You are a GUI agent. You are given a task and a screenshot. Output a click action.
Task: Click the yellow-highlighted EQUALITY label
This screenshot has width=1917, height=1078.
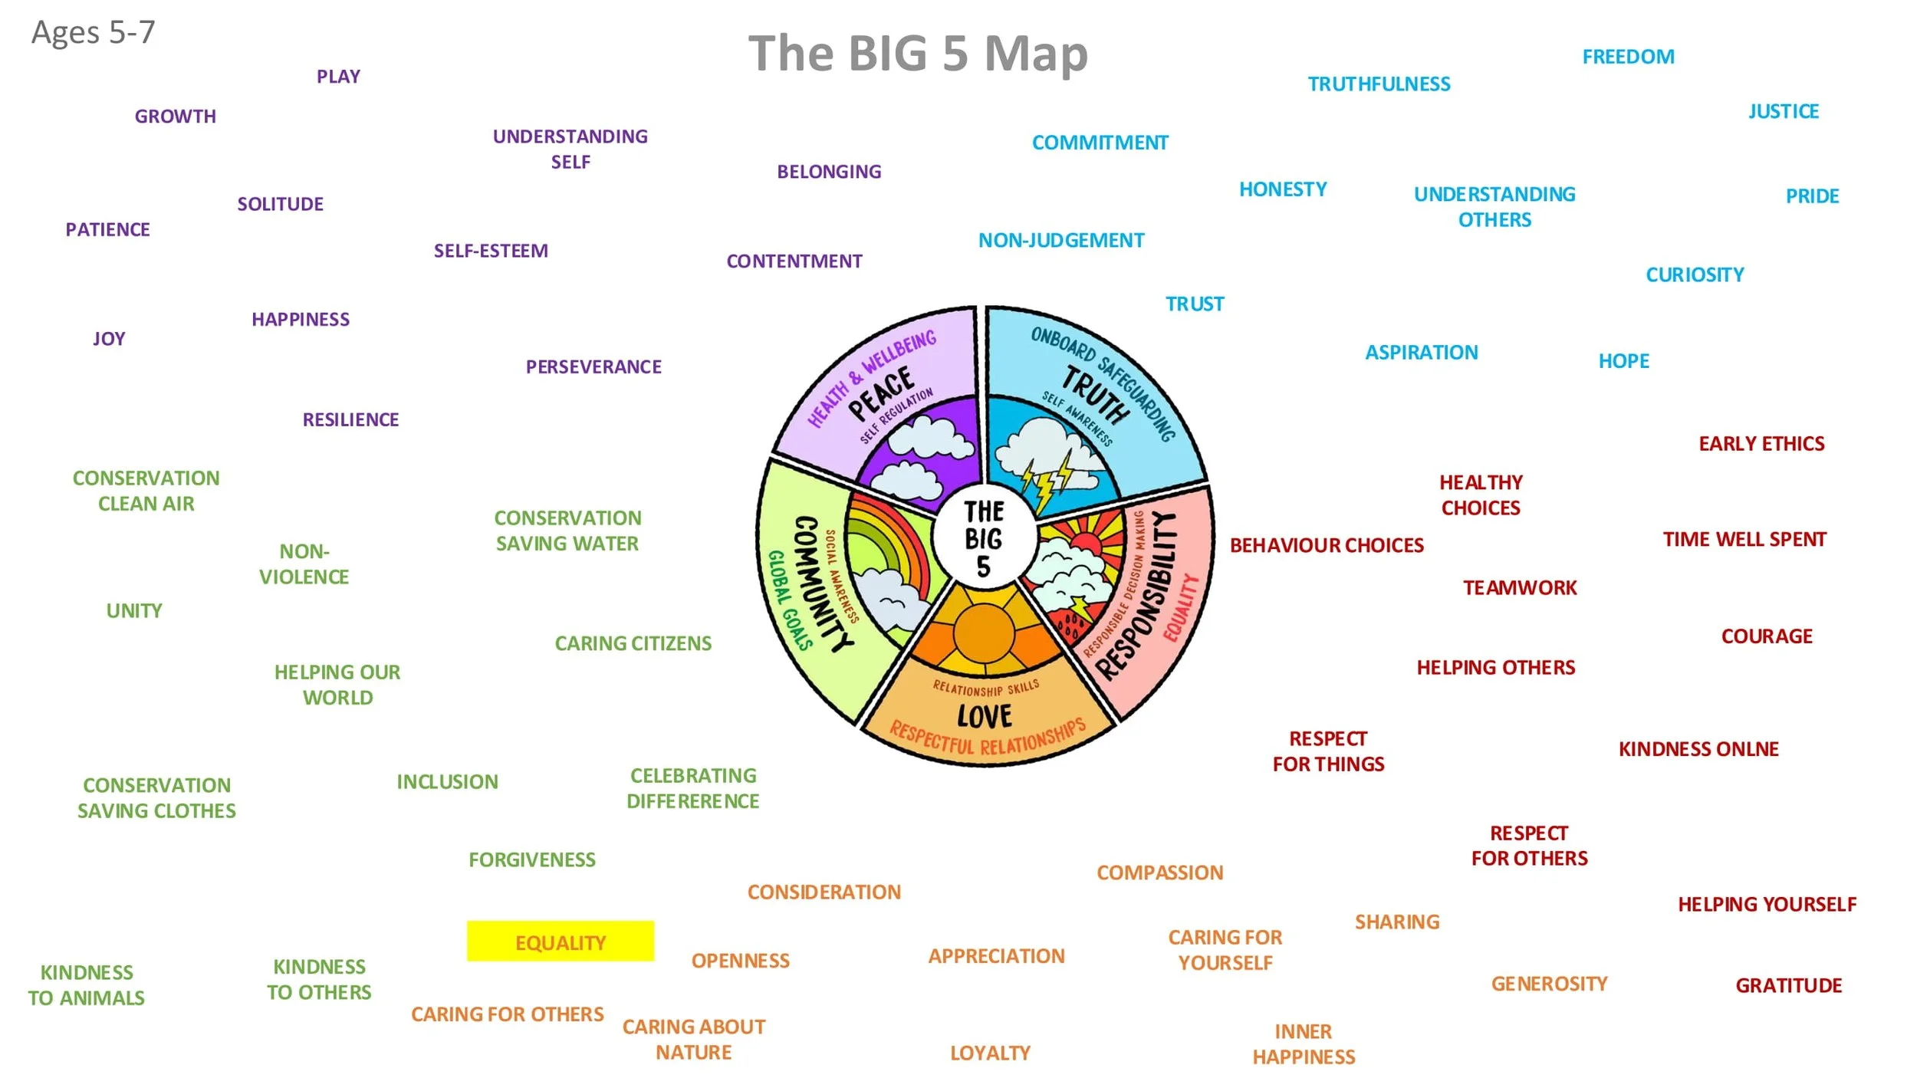pos(560,942)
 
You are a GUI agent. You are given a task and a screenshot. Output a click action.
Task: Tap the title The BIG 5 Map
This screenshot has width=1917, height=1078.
pos(918,54)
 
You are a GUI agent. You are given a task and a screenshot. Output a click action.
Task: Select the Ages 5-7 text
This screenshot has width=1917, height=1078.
pos(93,32)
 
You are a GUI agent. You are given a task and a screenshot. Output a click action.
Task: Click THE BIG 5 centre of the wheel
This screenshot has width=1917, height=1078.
pos(984,539)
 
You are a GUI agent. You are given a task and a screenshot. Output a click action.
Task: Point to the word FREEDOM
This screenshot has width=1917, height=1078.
pos(1628,57)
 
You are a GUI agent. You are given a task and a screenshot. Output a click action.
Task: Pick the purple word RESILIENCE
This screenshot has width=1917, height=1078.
pos(350,419)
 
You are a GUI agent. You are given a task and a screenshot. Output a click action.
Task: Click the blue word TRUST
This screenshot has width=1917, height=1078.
pos(1195,304)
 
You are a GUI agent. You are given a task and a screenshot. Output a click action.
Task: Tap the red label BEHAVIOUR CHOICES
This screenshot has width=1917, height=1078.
pos(1327,545)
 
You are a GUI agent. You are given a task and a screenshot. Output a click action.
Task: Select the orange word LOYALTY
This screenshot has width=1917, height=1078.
pos(990,1053)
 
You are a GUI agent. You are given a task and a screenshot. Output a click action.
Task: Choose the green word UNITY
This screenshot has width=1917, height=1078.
pos(134,610)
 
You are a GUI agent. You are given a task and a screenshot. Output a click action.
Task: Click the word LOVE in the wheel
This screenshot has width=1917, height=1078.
pos(985,716)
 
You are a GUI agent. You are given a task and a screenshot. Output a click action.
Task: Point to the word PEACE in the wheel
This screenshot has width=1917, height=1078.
pos(881,393)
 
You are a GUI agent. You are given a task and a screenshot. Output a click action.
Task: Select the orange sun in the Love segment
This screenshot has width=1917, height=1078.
pos(984,633)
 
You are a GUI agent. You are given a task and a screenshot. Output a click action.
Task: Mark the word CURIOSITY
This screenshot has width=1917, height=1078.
pos(1695,274)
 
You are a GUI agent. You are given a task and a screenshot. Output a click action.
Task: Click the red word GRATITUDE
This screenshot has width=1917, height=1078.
pos(1788,985)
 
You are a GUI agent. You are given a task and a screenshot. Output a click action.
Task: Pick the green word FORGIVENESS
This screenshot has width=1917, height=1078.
pos(531,859)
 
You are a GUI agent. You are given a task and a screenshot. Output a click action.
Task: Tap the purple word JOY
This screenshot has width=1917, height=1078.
pos(109,339)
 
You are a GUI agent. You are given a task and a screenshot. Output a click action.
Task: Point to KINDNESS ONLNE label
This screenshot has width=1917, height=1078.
pos(1698,749)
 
